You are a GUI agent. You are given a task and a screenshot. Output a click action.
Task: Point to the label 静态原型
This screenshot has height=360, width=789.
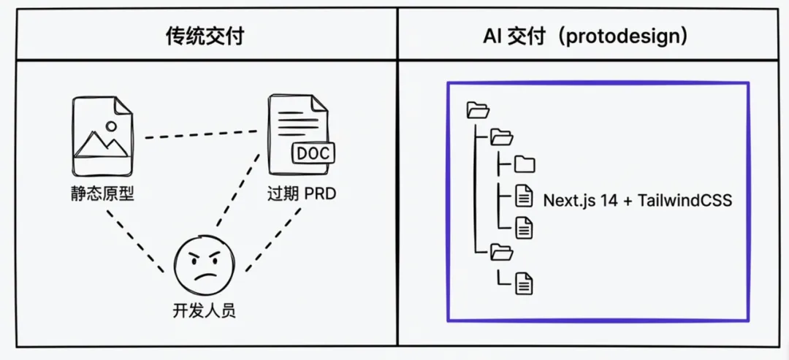pyautogui.click(x=99, y=194)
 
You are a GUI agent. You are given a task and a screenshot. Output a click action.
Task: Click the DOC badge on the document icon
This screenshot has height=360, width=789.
pyautogui.click(x=313, y=153)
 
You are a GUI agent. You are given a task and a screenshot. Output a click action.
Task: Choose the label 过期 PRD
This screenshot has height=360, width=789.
pyautogui.click(x=301, y=195)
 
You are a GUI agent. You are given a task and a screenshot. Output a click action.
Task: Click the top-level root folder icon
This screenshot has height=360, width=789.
pyautogui.click(x=477, y=110)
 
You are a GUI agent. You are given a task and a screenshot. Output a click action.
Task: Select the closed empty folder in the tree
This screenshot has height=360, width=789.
pyautogui.click(x=525, y=164)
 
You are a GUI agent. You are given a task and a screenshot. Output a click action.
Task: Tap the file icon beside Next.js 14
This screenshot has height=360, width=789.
pyautogui.click(x=524, y=196)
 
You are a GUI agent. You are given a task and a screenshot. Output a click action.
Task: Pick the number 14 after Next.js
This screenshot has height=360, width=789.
pyautogui.click(x=608, y=200)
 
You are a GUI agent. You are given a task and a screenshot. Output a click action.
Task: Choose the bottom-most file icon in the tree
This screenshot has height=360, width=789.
pyautogui.click(x=524, y=283)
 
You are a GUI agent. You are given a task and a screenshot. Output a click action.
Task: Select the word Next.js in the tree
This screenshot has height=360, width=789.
pyautogui.click(x=567, y=200)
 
